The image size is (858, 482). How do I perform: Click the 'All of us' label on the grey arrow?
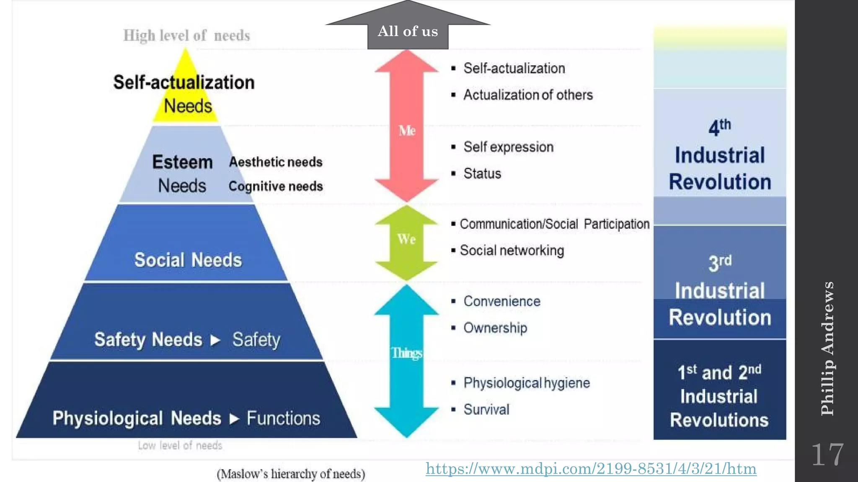408,32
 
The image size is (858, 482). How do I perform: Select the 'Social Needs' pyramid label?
188,260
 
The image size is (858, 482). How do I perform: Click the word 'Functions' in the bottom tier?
283,418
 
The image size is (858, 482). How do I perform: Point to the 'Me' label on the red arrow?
407,131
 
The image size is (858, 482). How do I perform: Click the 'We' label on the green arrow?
406,239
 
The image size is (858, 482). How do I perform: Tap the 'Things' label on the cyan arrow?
407,353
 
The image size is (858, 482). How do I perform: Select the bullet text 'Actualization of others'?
528,95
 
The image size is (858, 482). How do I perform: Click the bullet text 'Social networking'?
512,251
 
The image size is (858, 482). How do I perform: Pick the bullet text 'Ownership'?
495,328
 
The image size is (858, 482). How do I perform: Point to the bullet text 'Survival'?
486,410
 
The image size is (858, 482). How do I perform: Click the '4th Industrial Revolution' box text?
720,156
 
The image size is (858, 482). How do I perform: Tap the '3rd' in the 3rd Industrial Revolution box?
720,263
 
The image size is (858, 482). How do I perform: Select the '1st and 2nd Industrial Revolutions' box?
719,395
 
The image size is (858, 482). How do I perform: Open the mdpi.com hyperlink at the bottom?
591,469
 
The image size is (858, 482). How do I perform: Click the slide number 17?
827,455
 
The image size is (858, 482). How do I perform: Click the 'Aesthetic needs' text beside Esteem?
276,162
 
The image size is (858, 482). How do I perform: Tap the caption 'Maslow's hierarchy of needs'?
291,474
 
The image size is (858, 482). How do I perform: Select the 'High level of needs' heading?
186,36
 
